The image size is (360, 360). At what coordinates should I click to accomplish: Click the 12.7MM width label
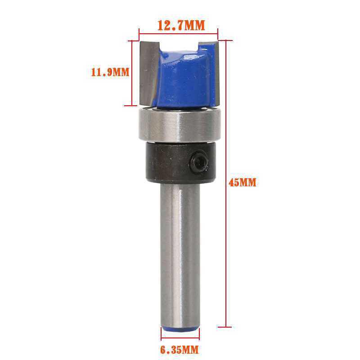click(x=181, y=25)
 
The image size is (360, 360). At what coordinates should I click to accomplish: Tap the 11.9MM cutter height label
click(x=110, y=72)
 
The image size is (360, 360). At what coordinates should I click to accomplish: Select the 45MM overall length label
click(x=243, y=183)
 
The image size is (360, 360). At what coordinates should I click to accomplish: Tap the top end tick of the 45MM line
click(x=226, y=40)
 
